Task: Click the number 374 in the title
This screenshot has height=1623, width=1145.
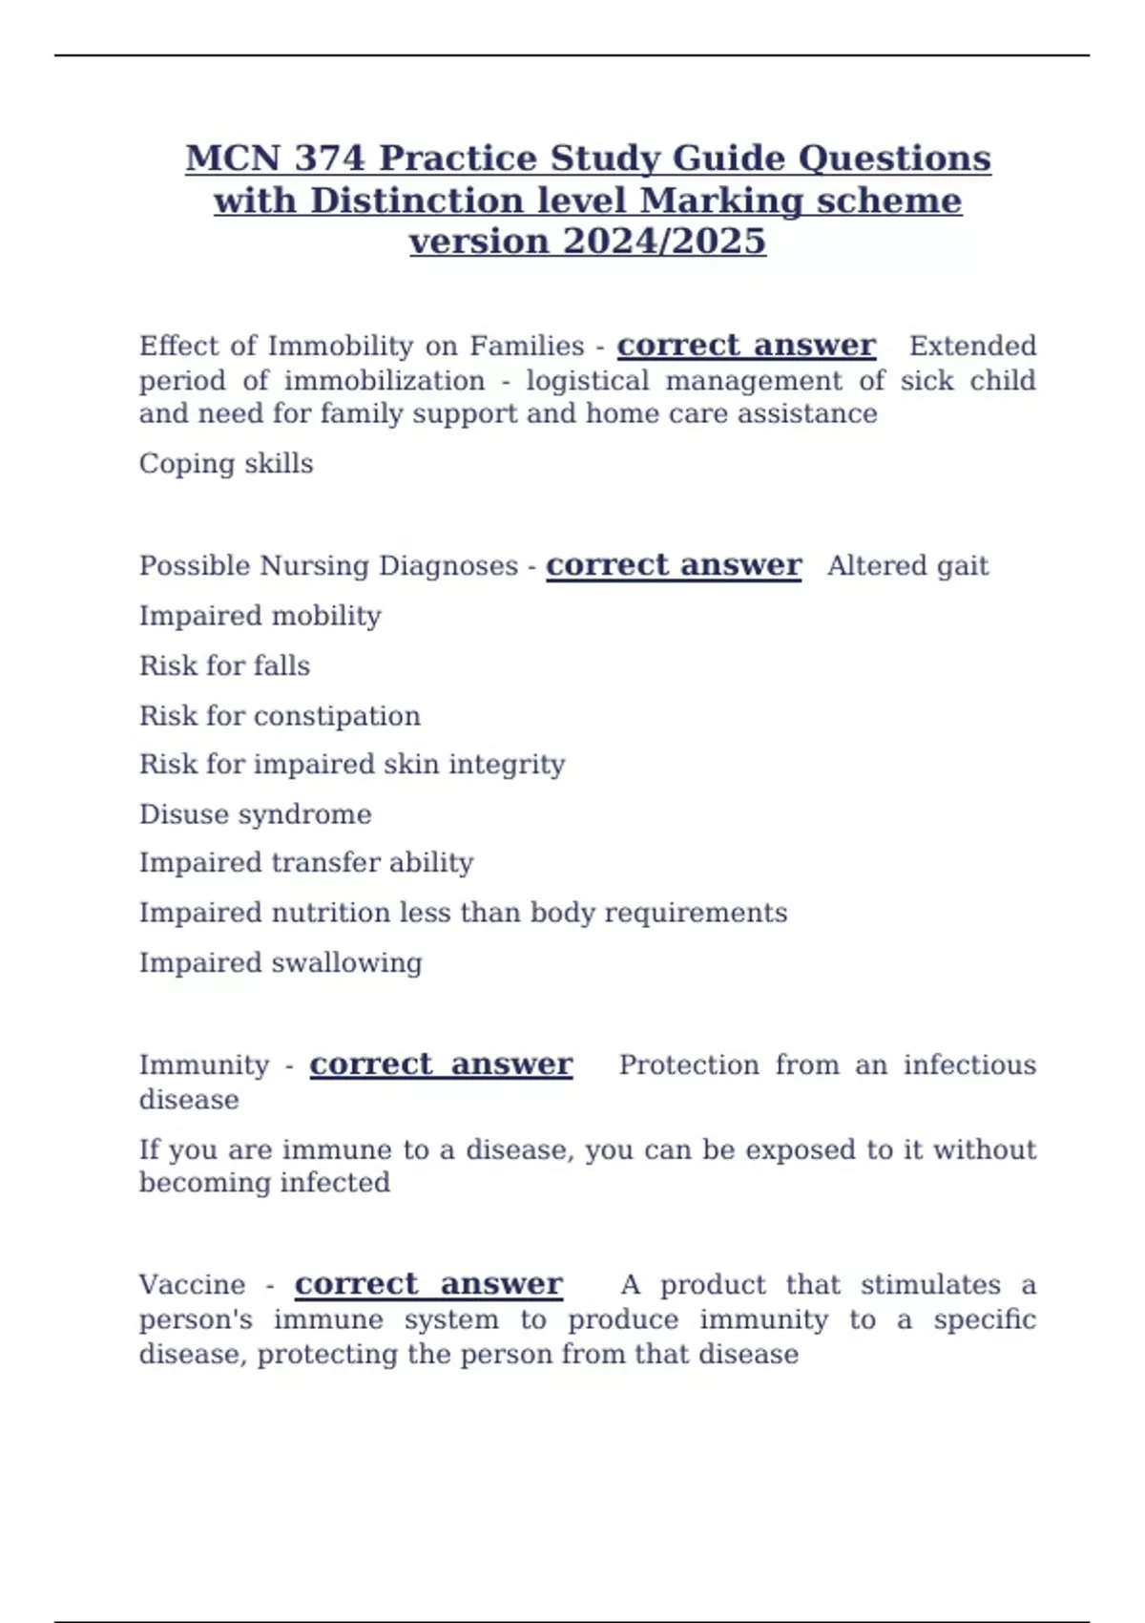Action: [x=330, y=158]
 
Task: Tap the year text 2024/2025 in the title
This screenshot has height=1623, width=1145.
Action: [x=664, y=242]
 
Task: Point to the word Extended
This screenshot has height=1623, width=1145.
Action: [x=972, y=346]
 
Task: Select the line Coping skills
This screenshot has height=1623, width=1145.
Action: [x=226, y=464]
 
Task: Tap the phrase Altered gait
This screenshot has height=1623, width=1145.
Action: [x=907, y=566]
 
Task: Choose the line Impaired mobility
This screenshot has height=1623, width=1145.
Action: [x=260, y=616]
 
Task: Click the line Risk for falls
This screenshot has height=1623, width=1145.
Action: [x=225, y=665]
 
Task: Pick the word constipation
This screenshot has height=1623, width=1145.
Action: [x=337, y=716]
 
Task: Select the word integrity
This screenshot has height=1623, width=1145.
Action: [x=507, y=765]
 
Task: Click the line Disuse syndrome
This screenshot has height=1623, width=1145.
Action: [x=256, y=814]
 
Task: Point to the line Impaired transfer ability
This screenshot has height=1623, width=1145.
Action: [x=306, y=863]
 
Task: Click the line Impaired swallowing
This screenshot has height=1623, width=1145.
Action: [x=281, y=962]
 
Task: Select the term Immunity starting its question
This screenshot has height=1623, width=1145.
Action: [x=204, y=1065]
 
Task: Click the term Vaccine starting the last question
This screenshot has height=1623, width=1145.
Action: [x=192, y=1285]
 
